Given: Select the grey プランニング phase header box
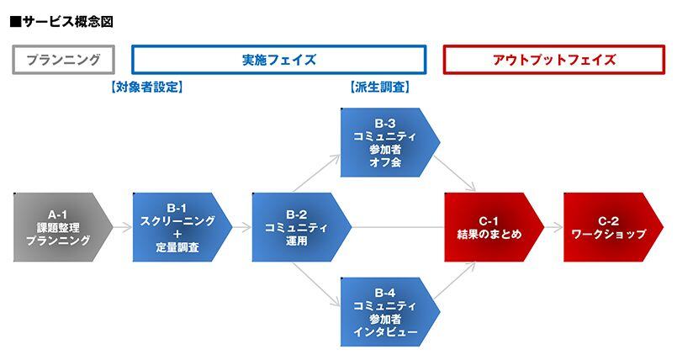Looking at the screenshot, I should pyautogui.click(x=63, y=60).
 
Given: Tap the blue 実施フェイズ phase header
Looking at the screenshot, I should pyautogui.click(x=279, y=60).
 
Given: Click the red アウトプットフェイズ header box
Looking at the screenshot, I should pyautogui.click(x=553, y=60).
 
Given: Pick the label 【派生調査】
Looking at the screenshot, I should pyautogui.click(x=378, y=87).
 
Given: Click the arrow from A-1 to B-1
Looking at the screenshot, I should pyautogui.click(x=123, y=227).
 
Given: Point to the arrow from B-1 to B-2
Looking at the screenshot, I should pyautogui.click(x=242, y=227).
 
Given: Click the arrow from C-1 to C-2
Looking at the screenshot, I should pyautogui.click(x=554, y=227).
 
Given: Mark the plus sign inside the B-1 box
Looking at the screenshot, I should pyautogui.click(x=177, y=235).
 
